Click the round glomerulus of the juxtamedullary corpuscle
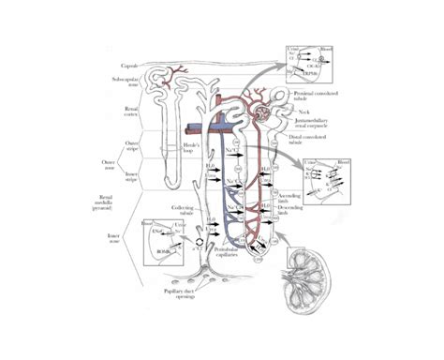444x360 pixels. click(280, 113)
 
